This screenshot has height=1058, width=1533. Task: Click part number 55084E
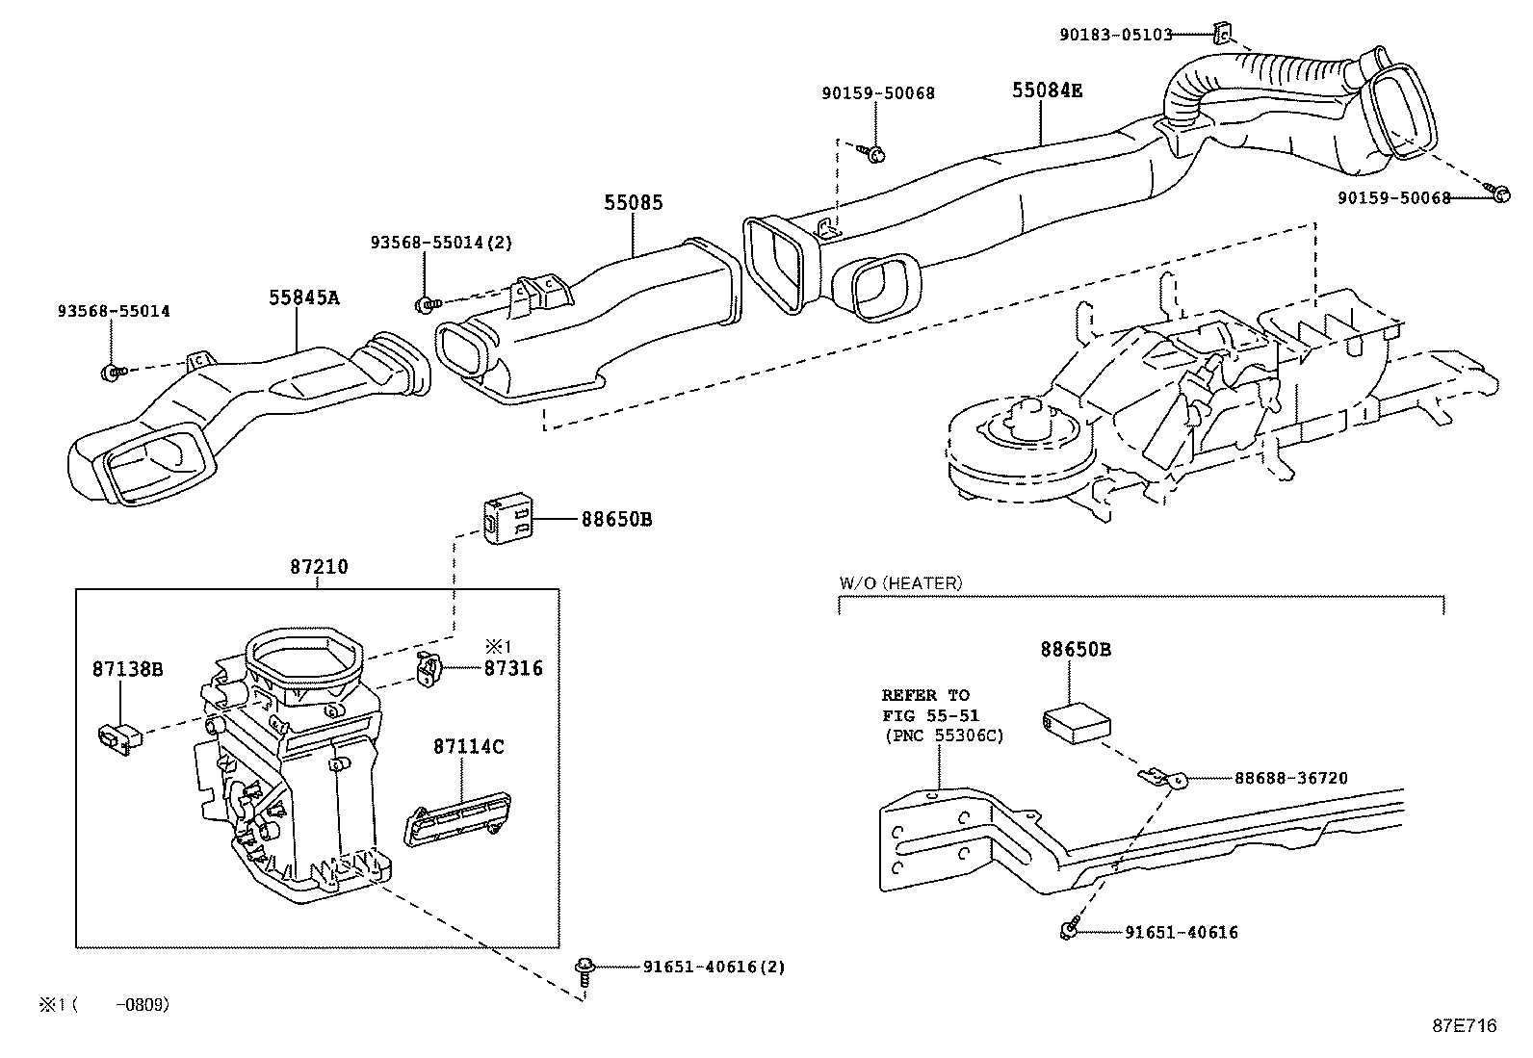coord(1047,90)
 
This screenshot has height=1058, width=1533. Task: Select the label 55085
coord(634,203)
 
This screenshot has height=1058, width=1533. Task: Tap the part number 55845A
coord(304,297)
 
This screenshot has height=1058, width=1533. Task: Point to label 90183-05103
coord(1115,35)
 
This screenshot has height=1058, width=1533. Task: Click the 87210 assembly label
coord(319,568)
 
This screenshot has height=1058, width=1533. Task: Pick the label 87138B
coord(128,668)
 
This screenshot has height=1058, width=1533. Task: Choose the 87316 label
coord(513,668)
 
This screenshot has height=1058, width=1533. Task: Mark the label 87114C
coord(468,746)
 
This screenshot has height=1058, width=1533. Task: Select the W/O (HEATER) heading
coord(900,582)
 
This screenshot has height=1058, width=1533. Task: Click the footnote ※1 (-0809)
coord(104,1004)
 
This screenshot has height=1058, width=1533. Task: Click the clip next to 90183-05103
coord(1220,35)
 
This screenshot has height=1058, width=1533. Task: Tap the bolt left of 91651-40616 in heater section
coord(1069,931)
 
